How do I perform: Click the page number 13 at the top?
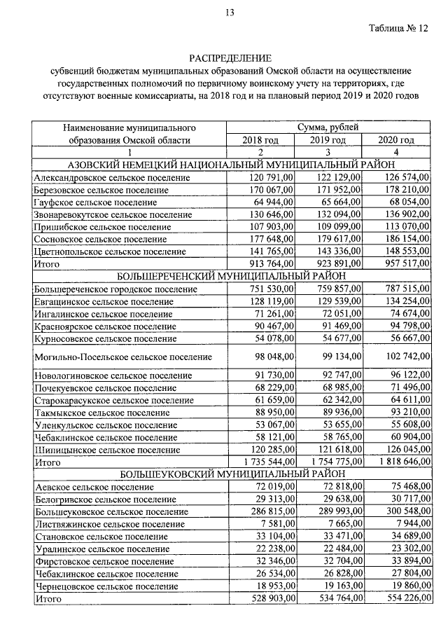tap(229, 12)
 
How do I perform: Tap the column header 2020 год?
tap(396, 140)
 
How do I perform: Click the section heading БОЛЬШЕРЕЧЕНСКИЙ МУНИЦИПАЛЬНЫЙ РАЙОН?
tap(229, 276)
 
